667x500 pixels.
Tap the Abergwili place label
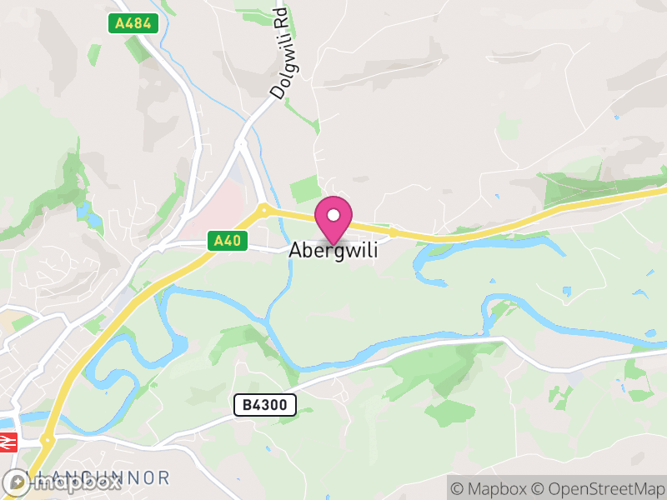coord(333,249)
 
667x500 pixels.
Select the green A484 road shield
coord(133,23)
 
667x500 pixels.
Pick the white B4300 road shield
coord(264,405)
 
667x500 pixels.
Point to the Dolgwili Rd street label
coord(279,54)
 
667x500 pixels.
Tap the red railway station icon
coord(8,442)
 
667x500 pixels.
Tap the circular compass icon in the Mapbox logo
coord(16,482)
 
